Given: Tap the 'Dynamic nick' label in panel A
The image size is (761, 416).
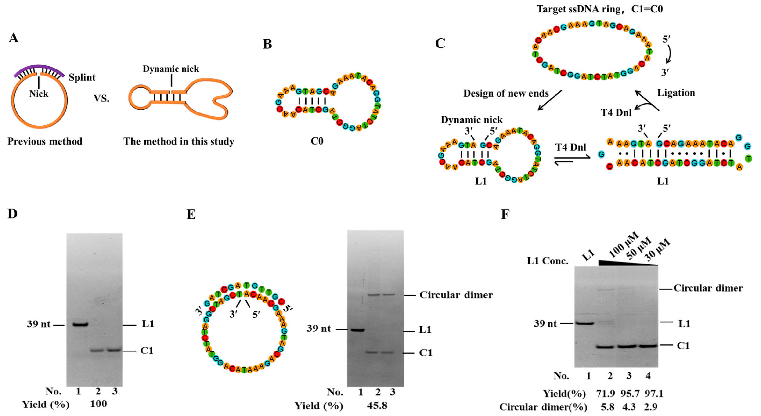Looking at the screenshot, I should click(x=171, y=69).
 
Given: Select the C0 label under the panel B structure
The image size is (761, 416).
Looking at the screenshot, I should click(x=317, y=141).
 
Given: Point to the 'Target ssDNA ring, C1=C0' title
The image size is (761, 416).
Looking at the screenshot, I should click(x=599, y=9).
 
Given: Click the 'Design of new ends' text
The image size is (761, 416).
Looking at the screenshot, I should click(x=506, y=93).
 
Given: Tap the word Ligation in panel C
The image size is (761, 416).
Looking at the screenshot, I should click(x=676, y=93).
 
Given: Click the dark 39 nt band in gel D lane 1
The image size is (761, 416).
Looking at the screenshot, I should click(x=80, y=324).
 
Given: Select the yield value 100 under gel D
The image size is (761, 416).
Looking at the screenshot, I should click(x=98, y=404).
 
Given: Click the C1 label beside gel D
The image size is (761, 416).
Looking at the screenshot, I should click(x=147, y=351).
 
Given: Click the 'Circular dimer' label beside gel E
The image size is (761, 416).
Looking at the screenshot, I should click(x=456, y=295).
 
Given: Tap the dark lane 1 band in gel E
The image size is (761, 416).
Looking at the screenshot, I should click(x=358, y=330).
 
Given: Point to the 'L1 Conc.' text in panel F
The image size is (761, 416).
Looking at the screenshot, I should click(x=547, y=261).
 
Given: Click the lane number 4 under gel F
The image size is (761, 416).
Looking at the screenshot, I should click(x=648, y=376).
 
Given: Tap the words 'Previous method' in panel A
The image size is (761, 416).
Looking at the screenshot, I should click(x=45, y=141).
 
